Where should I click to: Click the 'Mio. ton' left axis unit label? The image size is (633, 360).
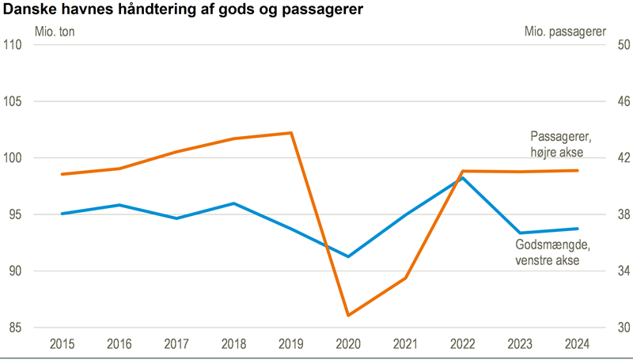pyautogui.click(x=55, y=32)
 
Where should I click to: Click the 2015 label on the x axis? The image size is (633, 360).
pyautogui.click(x=62, y=344)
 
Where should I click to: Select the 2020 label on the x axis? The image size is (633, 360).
pyautogui.click(x=348, y=344)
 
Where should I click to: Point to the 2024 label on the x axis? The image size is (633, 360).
pyautogui.click(x=577, y=344)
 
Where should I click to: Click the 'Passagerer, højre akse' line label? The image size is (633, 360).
pyautogui.click(x=561, y=144)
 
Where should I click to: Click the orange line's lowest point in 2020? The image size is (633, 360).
pyautogui.click(x=348, y=315)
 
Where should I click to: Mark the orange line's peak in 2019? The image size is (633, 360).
pyautogui.click(x=291, y=133)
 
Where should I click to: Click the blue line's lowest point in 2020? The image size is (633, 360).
pyautogui.click(x=348, y=256)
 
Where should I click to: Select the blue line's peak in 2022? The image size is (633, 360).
pyautogui.click(x=463, y=178)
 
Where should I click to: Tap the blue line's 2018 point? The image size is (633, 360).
pyautogui.click(x=233, y=203)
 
